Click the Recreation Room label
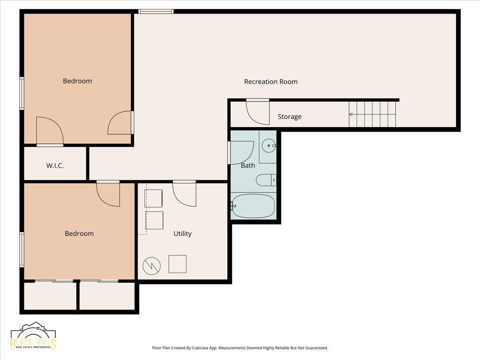click(271, 82)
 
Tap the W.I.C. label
click(55, 166)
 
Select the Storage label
click(290, 117)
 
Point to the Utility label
click(182, 234)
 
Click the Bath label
click(248, 166)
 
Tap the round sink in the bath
click(269, 145)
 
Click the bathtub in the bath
click(253, 206)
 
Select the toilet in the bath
click(266, 180)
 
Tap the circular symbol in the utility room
click(152, 266)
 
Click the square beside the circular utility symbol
click(177, 264)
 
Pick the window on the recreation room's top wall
click(156, 11)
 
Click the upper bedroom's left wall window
click(22, 93)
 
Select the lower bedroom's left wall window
click(22, 250)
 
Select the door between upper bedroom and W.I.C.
click(50, 131)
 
